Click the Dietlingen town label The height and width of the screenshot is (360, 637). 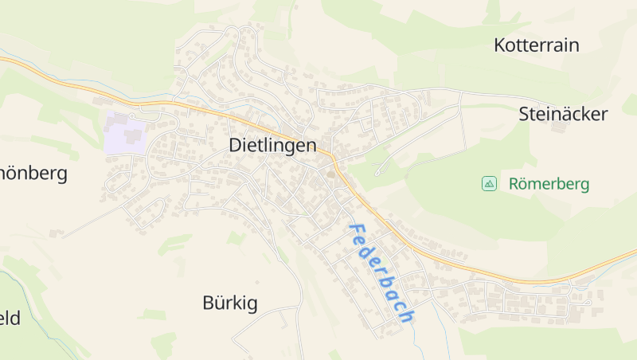(x=272, y=146)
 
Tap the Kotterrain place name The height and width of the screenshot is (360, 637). (x=536, y=45)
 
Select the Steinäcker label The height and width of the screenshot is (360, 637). (x=563, y=114)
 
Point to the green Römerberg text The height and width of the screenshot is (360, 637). (x=549, y=185)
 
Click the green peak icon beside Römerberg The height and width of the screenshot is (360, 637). (x=489, y=184)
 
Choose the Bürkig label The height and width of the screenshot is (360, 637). (x=230, y=303)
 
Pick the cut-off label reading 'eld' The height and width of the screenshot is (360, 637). (x=10, y=319)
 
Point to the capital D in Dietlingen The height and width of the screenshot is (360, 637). (x=235, y=146)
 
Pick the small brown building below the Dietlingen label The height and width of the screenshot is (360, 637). (x=331, y=174)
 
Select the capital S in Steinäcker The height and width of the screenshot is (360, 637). (x=524, y=114)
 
